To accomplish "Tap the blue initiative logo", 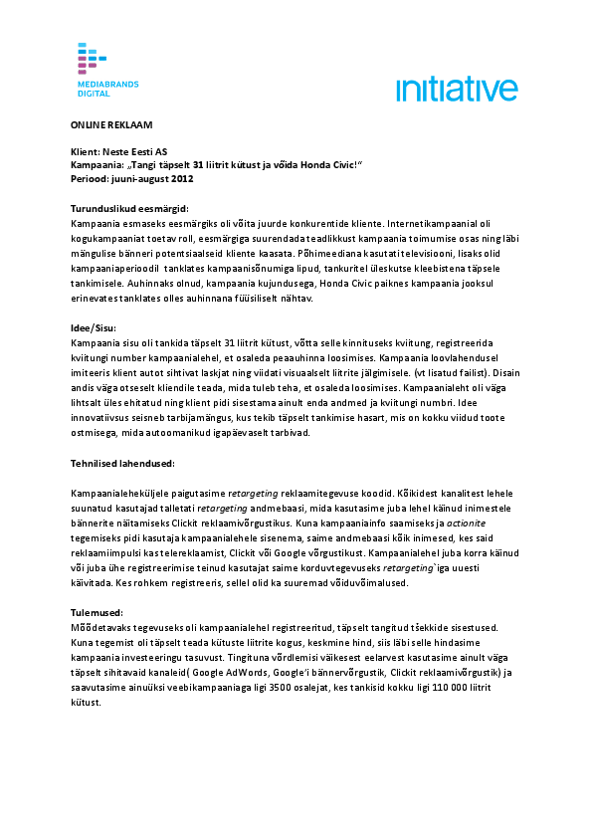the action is (x=457, y=90).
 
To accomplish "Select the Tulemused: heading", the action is (x=97, y=613).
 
